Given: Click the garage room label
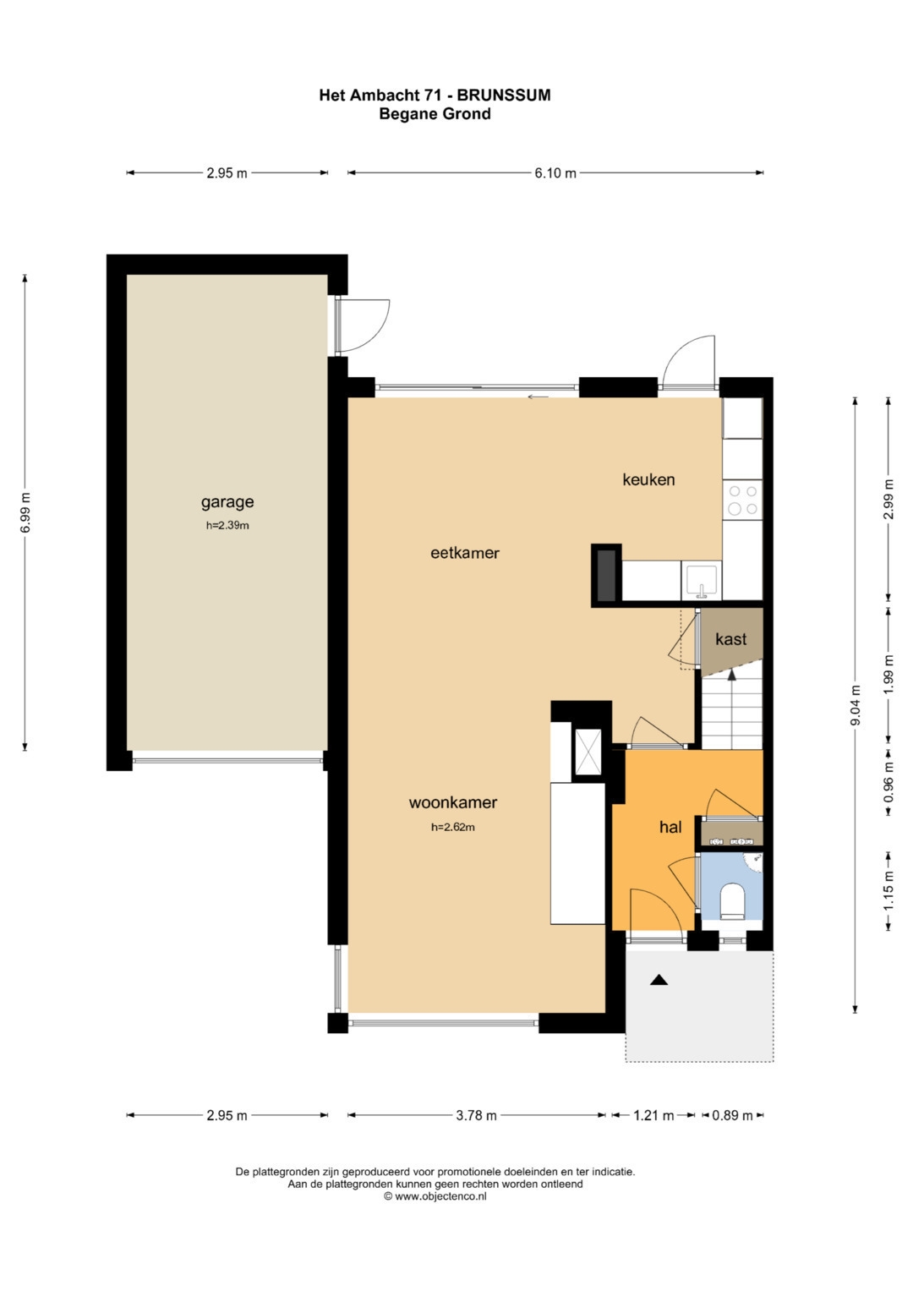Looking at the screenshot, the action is (x=227, y=502).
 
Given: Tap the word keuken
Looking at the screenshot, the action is (x=648, y=479).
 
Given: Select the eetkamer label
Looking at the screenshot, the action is (x=465, y=553).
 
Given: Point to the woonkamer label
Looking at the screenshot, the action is (x=452, y=802).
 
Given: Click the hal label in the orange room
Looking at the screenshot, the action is (x=670, y=827).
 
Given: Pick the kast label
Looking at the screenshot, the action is (x=731, y=638).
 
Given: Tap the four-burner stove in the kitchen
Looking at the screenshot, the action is (x=742, y=500).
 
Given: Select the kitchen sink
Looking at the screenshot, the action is (x=701, y=582).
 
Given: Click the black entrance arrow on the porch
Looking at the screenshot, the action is (x=659, y=980).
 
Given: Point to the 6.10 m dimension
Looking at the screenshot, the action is (x=555, y=173).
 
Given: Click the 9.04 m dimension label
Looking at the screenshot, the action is (x=856, y=705).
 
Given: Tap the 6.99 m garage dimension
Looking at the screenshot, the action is (x=25, y=513).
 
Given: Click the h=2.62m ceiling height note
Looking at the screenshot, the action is (x=453, y=827).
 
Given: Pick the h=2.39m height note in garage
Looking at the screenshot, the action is (x=227, y=526).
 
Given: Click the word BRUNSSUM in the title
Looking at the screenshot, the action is (x=504, y=95).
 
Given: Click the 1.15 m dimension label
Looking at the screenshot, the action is (x=888, y=890).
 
